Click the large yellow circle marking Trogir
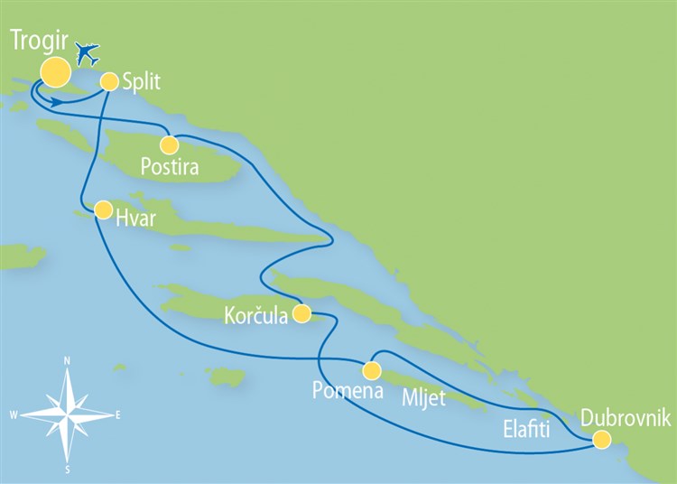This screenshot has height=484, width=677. tap(54, 73)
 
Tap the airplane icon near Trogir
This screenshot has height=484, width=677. tap(88, 53)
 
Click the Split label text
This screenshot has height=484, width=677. tap(141, 82)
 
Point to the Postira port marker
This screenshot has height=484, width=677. tap(169, 144)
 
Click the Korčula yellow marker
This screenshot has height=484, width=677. tap(302, 314)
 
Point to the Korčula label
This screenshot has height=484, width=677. tap(256, 316)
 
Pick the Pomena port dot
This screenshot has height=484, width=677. tap(371, 370)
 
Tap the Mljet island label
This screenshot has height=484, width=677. tap(423, 397)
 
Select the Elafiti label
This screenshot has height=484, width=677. tap(526, 432)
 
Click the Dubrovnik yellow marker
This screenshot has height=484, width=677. tap(601, 440)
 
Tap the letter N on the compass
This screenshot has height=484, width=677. tap(69, 360)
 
